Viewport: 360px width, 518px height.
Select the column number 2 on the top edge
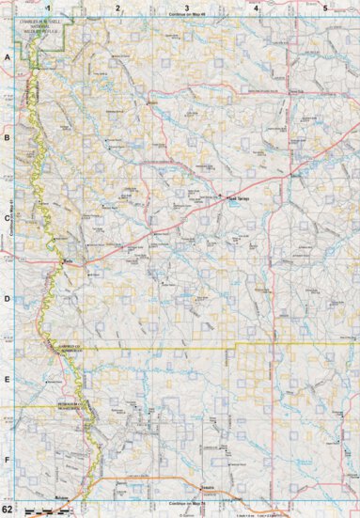[117, 8]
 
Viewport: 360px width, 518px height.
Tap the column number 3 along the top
[187, 8]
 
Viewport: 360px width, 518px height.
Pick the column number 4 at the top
[256, 8]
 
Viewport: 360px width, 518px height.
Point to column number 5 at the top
[324, 8]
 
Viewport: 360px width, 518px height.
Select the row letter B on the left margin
[8, 137]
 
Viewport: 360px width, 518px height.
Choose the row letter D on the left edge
[8, 298]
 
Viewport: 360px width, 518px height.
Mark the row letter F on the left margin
[8, 460]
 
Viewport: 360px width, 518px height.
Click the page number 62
[8, 510]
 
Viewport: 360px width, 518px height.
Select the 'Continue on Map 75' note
[187, 504]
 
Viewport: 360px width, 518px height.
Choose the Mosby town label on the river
[69, 262]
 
